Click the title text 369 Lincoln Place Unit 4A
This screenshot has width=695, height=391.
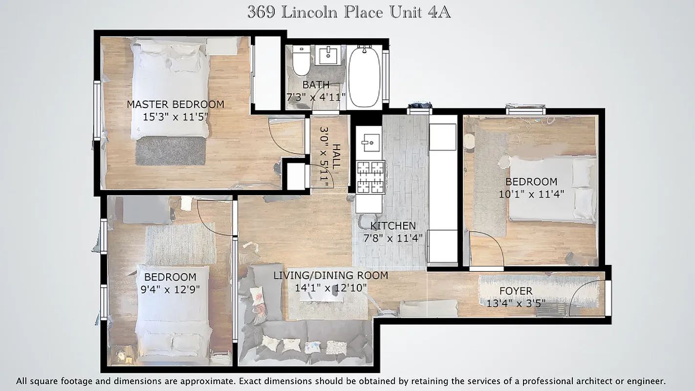tap(348, 12)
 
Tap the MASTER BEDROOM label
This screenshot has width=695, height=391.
tap(175, 104)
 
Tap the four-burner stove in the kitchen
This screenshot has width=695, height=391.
tap(370, 177)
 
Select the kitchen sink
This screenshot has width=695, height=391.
tap(368, 142)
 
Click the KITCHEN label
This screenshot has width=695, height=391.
tap(393, 226)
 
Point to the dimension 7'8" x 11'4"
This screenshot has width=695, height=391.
tap(393, 238)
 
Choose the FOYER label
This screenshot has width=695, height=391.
tap(516, 291)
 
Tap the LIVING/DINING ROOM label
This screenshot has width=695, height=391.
tap(330, 276)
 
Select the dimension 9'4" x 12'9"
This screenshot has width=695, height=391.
tap(170, 289)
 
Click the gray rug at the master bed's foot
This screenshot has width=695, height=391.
tap(170, 151)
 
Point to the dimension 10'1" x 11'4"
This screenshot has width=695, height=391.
tap(531, 194)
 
